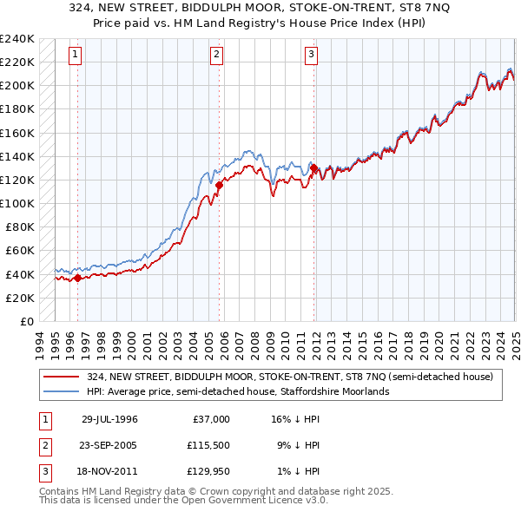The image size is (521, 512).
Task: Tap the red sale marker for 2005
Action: tap(220, 185)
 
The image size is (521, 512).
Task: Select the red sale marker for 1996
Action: tap(77, 278)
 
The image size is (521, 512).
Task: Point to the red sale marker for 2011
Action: tap(314, 168)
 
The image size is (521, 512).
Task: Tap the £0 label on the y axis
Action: tap(25, 321)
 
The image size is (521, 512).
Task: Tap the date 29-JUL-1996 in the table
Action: tap(109, 419)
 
